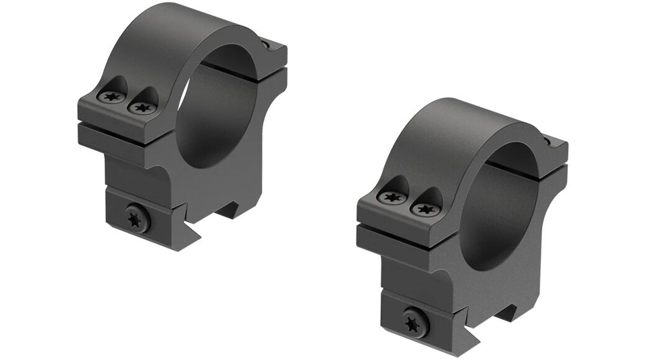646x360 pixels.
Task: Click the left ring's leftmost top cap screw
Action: pyautogui.click(x=112, y=96)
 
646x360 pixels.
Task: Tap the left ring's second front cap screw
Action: pyautogui.click(x=142, y=107)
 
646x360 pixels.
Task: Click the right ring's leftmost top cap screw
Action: pyautogui.click(x=392, y=198)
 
